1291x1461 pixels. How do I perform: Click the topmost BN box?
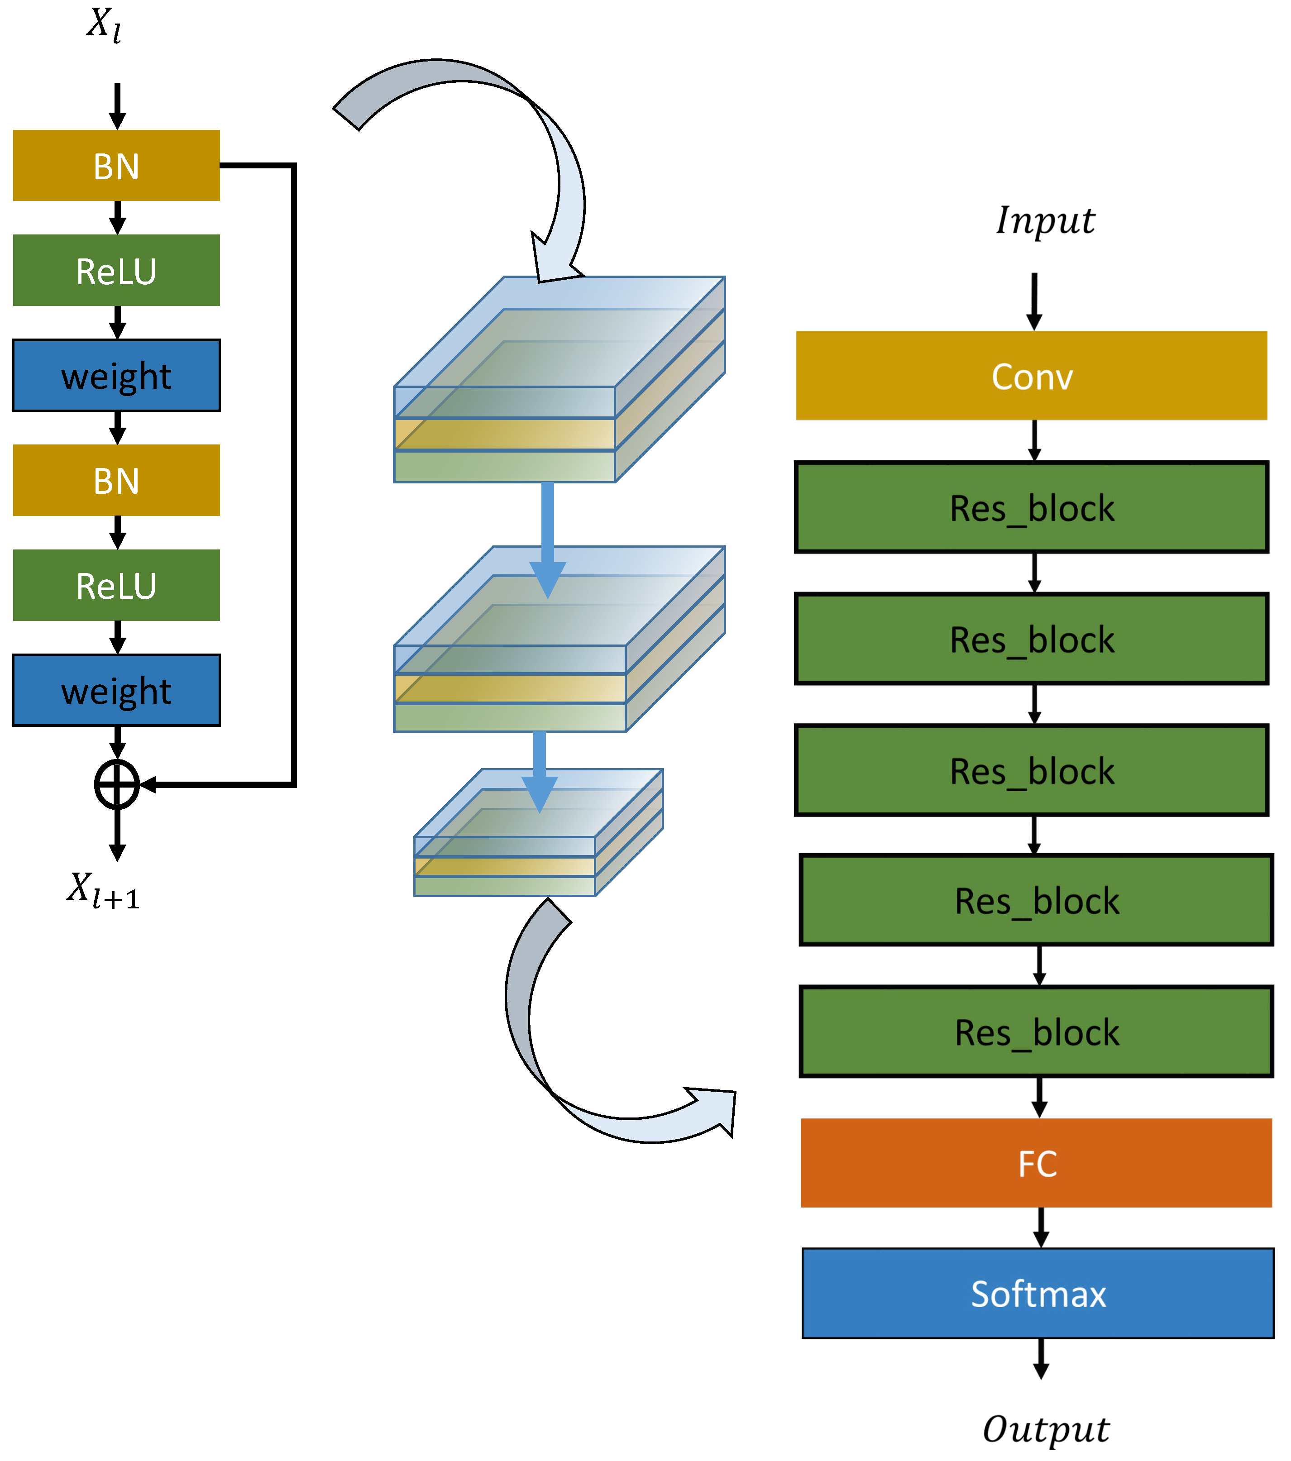[x=116, y=165]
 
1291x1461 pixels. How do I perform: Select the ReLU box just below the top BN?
[x=116, y=270]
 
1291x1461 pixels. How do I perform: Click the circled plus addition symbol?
[x=116, y=784]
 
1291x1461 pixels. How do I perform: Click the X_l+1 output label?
[x=104, y=890]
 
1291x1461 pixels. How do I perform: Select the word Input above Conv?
[x=1045, y=220]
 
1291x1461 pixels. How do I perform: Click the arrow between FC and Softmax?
[x=1041, y=1227]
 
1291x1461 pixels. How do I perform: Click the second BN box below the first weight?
[x=116, y=480]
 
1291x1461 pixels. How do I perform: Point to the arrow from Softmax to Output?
[x=1041, y=1358]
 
